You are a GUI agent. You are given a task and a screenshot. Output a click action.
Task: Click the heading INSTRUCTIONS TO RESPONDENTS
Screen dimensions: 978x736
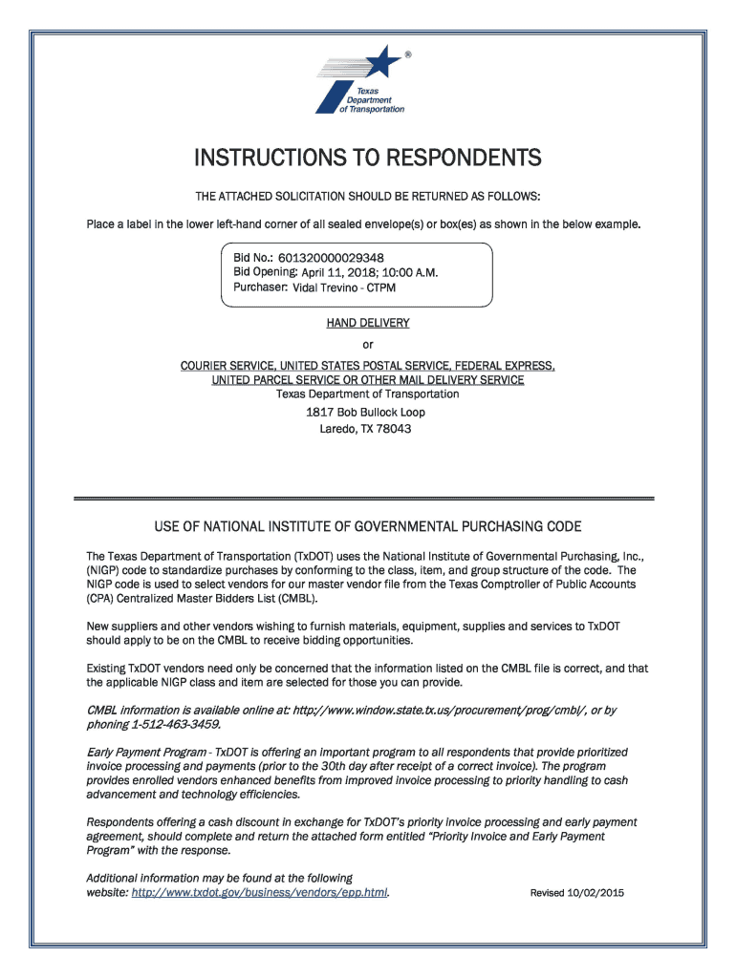click(368, 157)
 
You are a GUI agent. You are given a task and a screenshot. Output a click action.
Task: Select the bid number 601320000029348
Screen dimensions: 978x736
click(332, 258)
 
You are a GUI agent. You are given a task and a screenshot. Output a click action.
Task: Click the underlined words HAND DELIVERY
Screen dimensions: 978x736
click(368, 323)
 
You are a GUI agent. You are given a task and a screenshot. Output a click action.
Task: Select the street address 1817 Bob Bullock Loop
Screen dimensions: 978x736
click(366, 412)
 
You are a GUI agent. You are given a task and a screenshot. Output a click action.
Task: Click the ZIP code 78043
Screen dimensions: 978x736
click(394, 429)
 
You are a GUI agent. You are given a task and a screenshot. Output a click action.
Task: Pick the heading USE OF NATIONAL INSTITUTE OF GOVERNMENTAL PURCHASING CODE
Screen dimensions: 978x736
click(368, 526)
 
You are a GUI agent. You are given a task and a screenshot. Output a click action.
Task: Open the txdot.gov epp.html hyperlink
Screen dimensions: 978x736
click(259, 893)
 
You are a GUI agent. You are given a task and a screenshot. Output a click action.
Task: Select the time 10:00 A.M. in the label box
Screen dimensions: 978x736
click(410, 272)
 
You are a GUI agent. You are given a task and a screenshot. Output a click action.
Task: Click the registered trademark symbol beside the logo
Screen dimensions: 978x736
click(408, 54)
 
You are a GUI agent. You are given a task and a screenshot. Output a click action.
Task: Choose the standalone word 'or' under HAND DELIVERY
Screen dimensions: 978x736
click(368, 345)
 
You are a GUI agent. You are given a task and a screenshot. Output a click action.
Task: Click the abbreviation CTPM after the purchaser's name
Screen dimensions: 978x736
click(380, 287)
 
